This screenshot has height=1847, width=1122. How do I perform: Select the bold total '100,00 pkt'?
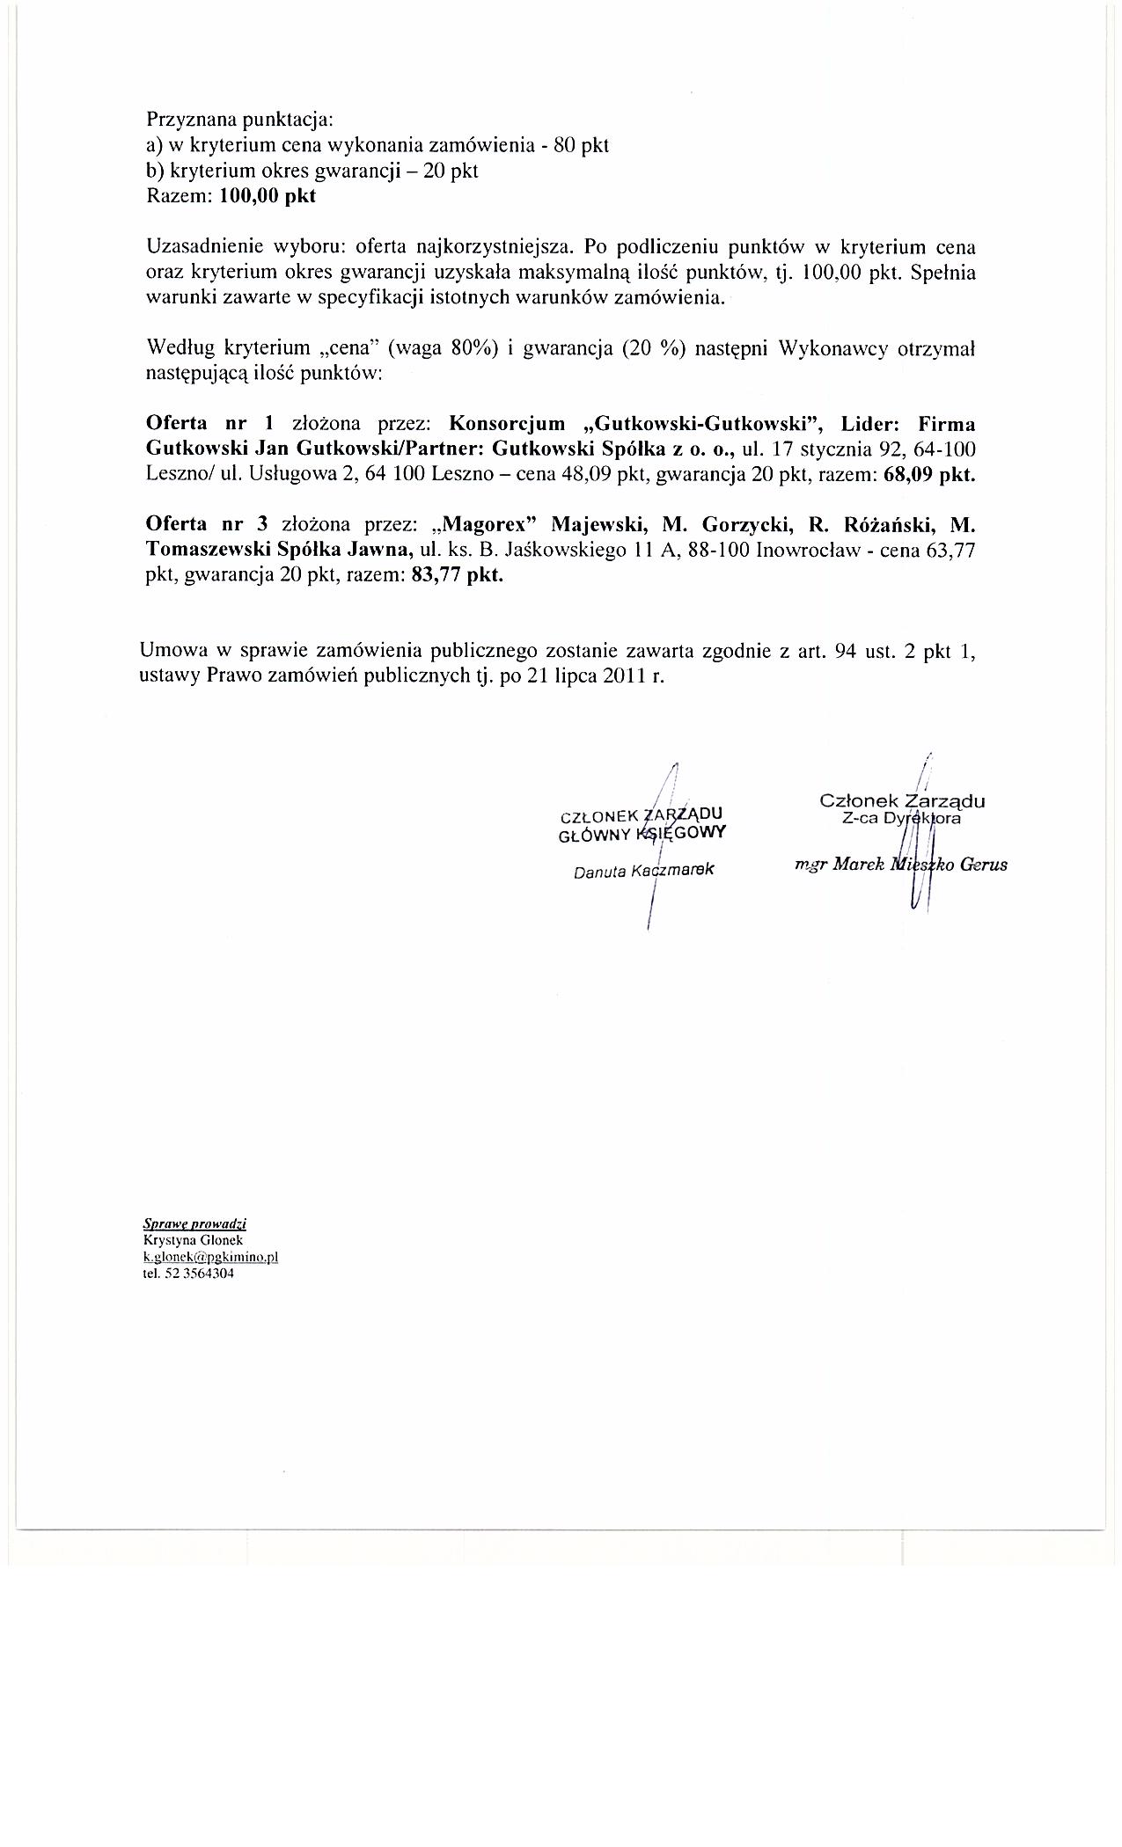(268, 196)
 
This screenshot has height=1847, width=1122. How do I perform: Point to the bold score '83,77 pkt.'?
(456, 577)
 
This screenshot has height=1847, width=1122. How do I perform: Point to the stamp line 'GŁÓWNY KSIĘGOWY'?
(642, 833)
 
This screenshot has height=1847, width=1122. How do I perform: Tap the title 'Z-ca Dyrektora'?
(900, 818)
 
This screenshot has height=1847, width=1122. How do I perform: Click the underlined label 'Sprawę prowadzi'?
(194, 1223)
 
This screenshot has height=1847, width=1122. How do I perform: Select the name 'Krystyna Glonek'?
(187, 1239)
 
